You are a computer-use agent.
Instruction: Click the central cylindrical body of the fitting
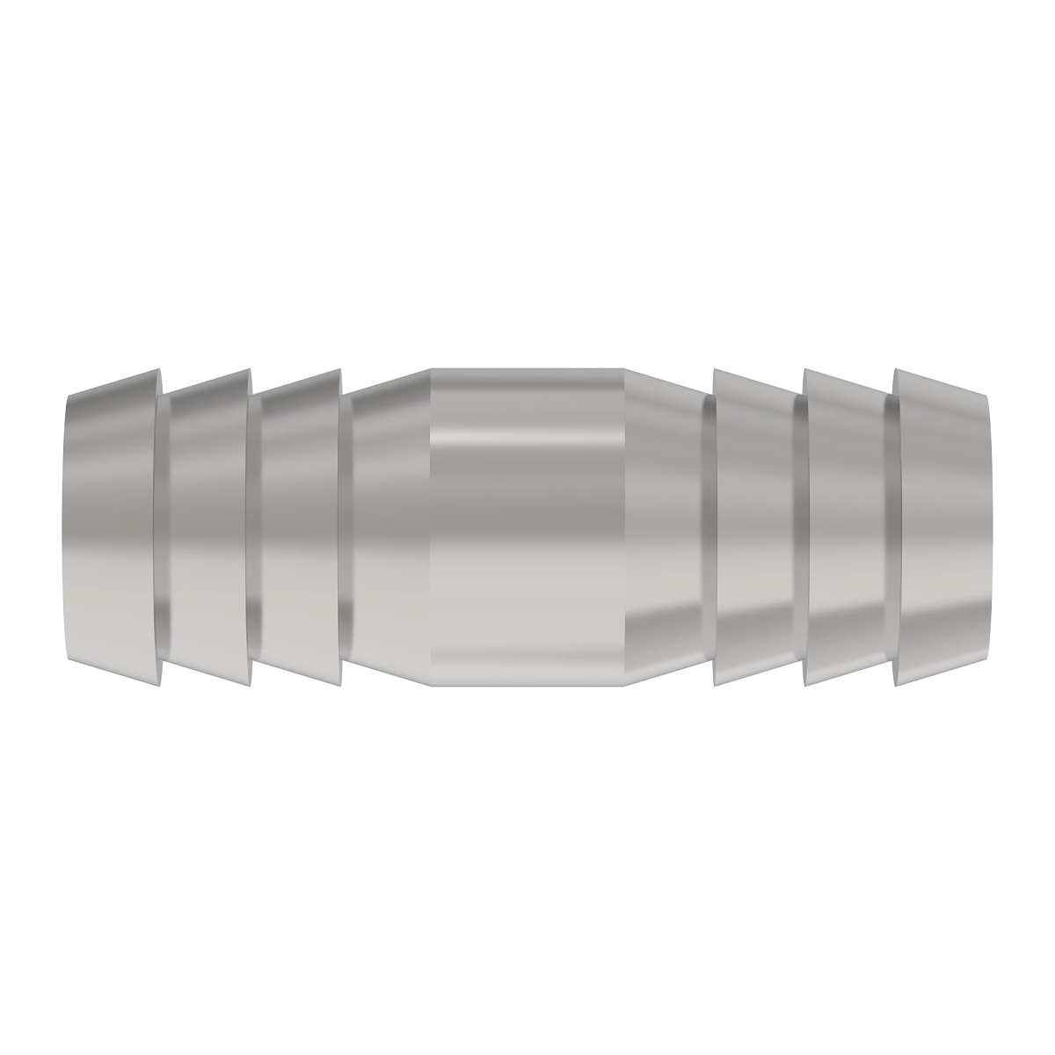pos(527,527)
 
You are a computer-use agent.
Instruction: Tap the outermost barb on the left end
pos(113,527)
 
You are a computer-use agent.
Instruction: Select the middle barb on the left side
pos(207,527)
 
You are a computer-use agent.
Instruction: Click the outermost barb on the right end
pos(941,527)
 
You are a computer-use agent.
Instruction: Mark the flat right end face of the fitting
pos(989,527)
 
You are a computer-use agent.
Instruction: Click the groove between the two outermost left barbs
pos(163,527)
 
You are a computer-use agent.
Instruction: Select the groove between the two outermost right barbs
pos(889,527)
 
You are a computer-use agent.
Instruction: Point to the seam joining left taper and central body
pos(430,527)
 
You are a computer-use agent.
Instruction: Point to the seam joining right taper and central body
pos(625,527)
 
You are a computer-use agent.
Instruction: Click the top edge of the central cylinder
pos(527,369)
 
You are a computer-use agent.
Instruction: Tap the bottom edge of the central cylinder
pos(527,686)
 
